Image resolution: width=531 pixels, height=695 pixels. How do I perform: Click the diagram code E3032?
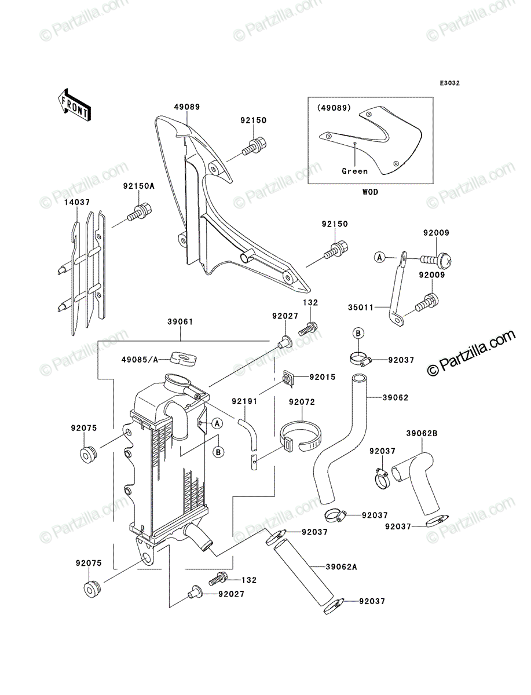[x=449, y=83]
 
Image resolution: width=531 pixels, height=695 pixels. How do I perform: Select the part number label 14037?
[x=77, y=202]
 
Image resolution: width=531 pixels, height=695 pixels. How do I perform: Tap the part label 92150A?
[x=139, y=186]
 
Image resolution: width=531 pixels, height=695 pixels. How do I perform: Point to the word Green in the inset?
[x=355, y=171]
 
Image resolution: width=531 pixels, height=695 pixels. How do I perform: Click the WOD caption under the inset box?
[x=370, y=192]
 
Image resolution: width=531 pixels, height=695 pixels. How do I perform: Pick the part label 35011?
[x=361, y=307]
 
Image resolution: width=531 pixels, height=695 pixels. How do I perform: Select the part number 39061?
[x=180, y=321]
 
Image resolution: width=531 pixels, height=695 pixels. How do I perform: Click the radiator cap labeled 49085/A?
[x=183, y=359]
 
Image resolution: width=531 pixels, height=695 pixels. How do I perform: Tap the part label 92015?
[x=323, y=377]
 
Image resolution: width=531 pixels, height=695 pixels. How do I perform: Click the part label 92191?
[x=244, y=401]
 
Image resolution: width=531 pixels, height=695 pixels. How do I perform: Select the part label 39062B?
[x=422, y=433]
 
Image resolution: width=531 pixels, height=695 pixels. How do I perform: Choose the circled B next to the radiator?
[x=218, y=452]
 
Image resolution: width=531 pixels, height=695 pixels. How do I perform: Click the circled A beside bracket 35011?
[x=380, y=258]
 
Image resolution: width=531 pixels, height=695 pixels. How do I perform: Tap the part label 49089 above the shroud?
[x=187, y=107]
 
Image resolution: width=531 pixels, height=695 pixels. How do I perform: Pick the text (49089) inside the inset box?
[x=334, y=108]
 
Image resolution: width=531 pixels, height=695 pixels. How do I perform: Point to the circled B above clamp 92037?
[x=358, y=333]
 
